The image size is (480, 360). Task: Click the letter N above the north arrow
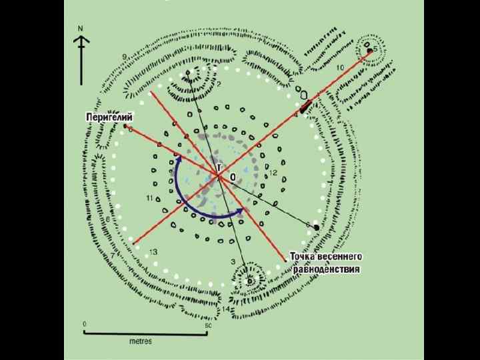point(81,29)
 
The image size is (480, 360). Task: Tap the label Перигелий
point(105,117)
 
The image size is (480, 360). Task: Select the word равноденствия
point(327,269)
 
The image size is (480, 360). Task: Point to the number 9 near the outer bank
point(124,56)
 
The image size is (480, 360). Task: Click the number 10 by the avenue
point(340,68)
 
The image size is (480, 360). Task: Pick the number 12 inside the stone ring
point(272,173)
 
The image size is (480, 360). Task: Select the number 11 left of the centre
point(149,198)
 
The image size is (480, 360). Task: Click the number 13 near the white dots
point(153,252)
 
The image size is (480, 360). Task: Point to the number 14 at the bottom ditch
point(227,309)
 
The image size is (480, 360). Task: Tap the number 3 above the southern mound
point(233,261)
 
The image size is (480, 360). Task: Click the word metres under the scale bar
point(141,341)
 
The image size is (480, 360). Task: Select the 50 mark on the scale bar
point(207,325)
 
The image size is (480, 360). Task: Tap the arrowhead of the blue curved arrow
point(239,211)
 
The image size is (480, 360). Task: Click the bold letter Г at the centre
point(219,168)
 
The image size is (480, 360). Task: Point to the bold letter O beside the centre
point(233,177)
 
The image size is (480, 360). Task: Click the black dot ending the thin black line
point(317,227)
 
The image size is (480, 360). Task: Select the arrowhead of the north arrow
point(81,41)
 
